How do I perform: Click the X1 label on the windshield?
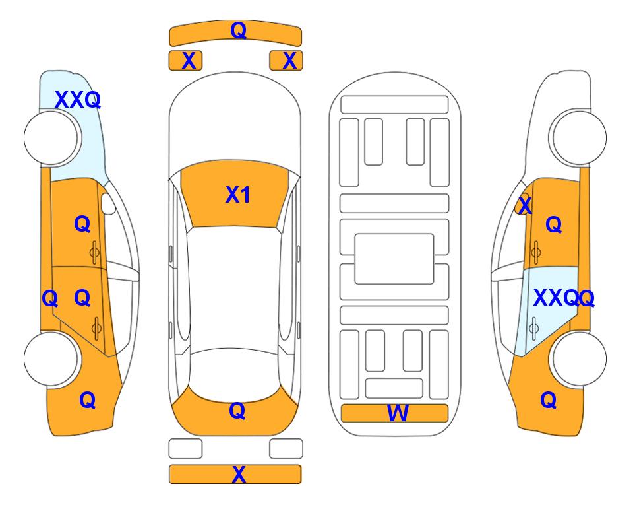click(x=238, y=195)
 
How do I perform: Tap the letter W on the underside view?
click(x=398, y=413)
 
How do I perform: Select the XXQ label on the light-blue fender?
click(x=78, y=100)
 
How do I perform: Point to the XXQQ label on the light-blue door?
click(x=564, y=298)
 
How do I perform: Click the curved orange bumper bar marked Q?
click(x=235, y=33)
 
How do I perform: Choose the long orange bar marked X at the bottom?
click(x=235, y=474)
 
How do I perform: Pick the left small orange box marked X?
click(x=185, y=61)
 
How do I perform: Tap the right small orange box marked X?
click(x=286, y=61)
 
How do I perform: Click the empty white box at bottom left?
click(x=185, y=449)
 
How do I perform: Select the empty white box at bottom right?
click(x=286, y=449)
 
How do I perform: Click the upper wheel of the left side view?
click(x=51, y=138)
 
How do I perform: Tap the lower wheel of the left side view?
click(x=51, y=359)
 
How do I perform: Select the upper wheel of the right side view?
click(x=579, y=138)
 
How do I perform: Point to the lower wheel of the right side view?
click(x=579, y=359)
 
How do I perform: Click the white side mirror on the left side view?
click(x=108, y=203)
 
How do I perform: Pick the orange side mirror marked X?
click(x=522, y=205)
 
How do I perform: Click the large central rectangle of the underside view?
click(x=394, y=259)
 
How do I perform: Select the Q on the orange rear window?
click(x=237, y=411)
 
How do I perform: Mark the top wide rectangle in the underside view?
click(x=394, y=105)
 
